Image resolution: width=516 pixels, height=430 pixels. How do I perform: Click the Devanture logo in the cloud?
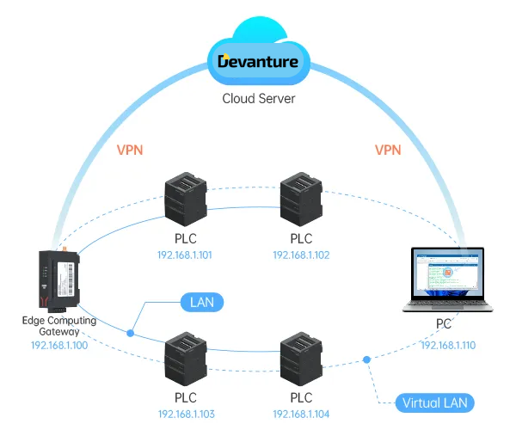(258, 61)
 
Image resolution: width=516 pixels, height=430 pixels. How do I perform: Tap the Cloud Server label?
(258, 98)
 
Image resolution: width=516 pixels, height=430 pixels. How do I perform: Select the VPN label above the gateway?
(129, 150)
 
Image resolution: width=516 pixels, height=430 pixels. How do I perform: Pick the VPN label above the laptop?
(388, 150)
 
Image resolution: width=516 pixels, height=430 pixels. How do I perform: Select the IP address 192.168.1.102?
(301, 255)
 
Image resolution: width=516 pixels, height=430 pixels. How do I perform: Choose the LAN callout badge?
(201, 302)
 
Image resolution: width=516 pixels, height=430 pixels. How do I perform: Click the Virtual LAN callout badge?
(436, 402)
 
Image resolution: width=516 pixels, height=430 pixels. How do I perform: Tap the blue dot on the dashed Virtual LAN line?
(367, 359)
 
